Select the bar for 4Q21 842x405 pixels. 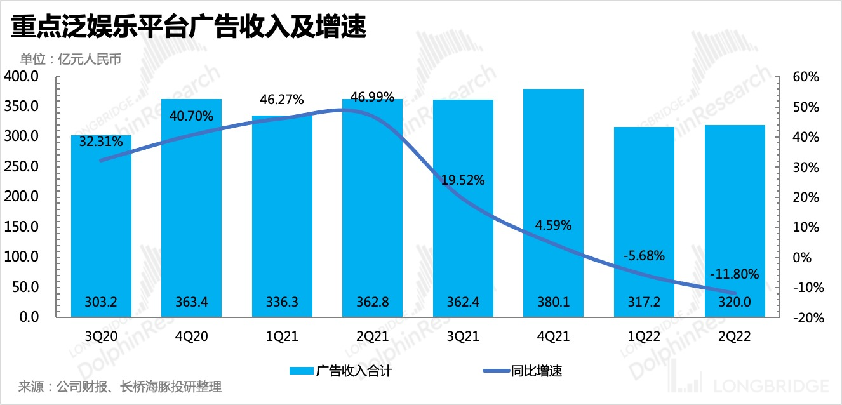553,203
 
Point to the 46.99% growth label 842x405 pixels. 372,97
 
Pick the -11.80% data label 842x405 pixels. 735,274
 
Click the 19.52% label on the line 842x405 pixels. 463,180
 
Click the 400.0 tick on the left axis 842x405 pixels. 22,77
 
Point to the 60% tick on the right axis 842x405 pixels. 805,77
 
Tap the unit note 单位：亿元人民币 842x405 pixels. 70,60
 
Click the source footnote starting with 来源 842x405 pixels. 121,387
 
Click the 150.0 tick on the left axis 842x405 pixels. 22,227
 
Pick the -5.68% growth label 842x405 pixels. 644,256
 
